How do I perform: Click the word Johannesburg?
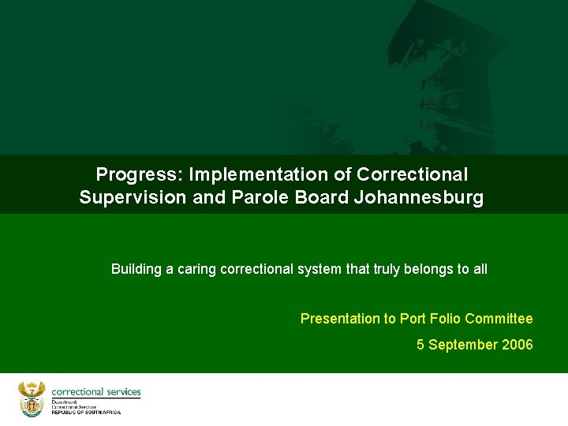pos(418,197)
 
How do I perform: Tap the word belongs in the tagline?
pos(424,269)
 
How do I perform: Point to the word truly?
pos(384,269)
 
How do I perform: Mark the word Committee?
pos(499,319)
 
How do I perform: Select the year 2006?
pos(518,345)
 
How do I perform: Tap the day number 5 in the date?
pos(420,345)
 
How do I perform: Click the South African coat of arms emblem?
pos(32,399)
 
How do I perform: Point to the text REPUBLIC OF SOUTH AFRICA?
pos(87,413)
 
